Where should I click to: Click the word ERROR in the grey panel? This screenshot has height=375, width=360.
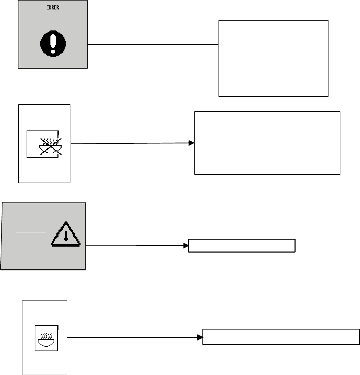click(x=53, y=7)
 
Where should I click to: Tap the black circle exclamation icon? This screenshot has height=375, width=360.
click(x=53, y=43)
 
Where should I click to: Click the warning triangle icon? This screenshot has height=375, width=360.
click(x=66, y=234)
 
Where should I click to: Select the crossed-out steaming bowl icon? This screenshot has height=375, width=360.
click(x=50, y=146)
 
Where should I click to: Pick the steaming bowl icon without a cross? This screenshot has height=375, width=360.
click(x=46, y=340)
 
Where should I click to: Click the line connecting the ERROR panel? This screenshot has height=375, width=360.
click(x=153, y=44)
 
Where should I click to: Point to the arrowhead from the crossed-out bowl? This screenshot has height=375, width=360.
click(x=192, y=143)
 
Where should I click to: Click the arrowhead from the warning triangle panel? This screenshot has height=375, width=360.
click(x=186, y=246)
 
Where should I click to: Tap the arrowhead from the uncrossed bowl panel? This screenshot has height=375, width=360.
click(x=200, y=338)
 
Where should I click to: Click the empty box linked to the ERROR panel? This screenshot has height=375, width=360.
click(x=274, y=58)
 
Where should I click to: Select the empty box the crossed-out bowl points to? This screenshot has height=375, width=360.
click(x=267, y=143)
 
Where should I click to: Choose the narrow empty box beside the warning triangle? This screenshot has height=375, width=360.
click(x=242, y=246)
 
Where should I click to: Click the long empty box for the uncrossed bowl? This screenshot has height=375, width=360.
click(x=281, y=337)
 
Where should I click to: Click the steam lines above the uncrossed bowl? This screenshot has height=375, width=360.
click(x=46, y=335)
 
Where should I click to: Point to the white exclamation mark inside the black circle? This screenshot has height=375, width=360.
click(x=53, y=44)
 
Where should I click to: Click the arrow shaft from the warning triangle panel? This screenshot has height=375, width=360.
click(x=134, y=246)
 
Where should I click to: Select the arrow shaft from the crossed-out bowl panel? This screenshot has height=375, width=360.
click(x=130, y=143)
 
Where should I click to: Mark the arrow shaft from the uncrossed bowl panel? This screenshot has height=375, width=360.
click(x=132, y=338)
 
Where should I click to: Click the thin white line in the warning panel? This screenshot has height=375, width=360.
click(x=30, y=232)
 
